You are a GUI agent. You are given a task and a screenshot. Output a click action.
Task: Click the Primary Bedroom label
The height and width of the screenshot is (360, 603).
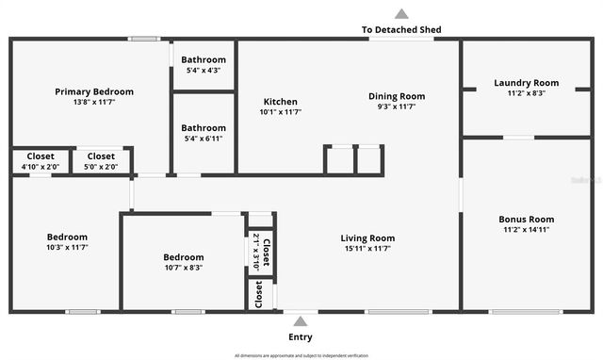tap(94, 91)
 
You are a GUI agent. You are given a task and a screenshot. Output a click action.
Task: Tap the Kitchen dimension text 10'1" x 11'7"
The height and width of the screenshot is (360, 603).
tap(280, 112)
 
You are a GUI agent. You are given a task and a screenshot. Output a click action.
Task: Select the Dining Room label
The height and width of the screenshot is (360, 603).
tap(396, 96)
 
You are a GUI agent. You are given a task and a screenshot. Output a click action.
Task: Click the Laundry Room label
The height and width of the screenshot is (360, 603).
tap(526, 83)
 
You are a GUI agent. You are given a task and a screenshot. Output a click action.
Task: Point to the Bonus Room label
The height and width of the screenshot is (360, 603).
tap(526, 219)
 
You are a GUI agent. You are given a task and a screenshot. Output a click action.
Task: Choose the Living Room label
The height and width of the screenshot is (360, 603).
tap(367, 237)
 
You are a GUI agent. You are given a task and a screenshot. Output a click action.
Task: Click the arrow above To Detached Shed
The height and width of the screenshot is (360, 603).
tap(401, 14)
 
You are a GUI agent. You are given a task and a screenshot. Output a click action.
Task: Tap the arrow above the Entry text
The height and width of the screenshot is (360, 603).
tap(301, 321)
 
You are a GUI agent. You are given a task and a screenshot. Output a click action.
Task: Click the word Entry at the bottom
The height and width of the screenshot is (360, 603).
tap(301, 336)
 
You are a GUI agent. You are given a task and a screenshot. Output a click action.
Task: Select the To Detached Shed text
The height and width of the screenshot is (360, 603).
tap(401, 30)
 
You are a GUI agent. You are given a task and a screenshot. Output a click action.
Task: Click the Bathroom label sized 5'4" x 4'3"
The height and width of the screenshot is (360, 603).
tap(204, 59)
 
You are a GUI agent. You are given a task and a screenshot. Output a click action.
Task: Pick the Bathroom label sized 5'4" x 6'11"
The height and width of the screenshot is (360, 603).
tap(204, 128)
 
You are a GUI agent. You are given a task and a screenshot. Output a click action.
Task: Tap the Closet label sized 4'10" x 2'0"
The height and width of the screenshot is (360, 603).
tap(40, 156)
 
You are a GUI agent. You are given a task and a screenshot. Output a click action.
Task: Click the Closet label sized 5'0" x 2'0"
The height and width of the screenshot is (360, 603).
tap(101, 156)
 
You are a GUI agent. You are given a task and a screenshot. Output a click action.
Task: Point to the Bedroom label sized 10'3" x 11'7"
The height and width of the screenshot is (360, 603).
tap(67, 237)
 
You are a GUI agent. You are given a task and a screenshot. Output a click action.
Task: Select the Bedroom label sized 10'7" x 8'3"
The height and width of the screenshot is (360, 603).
tap(183, 257)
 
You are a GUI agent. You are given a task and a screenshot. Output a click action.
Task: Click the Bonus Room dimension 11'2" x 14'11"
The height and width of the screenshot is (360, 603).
tap(526, 229)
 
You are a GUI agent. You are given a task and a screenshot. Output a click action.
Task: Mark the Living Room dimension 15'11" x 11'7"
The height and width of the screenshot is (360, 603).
tap(367, 248)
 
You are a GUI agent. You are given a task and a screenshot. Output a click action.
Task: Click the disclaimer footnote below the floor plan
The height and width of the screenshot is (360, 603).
tap(301, 355)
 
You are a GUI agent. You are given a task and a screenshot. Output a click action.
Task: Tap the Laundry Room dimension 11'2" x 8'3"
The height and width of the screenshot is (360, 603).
tap(526, 93)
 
